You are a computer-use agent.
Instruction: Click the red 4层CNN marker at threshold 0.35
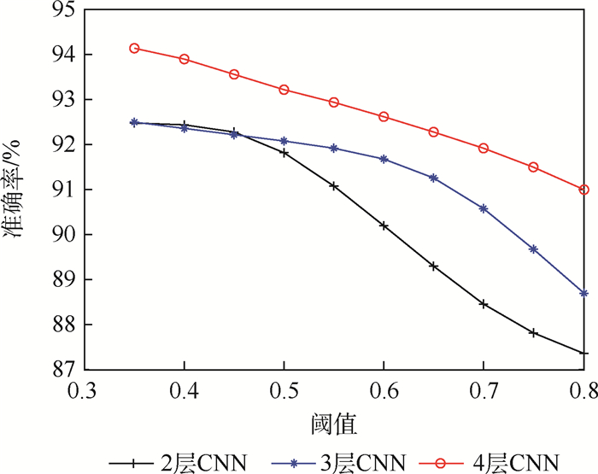pos(134,48)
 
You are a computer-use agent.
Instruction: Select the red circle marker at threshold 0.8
pos(584,190)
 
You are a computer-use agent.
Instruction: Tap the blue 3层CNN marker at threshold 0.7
pos(484,208)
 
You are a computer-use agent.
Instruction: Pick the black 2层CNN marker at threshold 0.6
pos(384,225)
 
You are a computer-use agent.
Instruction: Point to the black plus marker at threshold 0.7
pos(484,304)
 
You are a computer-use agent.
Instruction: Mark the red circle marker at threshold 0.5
pos(284,90)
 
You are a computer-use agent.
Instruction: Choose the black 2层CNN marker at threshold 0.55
pos(334,185)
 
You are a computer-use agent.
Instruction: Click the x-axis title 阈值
pos(334,423)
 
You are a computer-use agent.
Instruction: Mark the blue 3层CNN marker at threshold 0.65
pos(434,178)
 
